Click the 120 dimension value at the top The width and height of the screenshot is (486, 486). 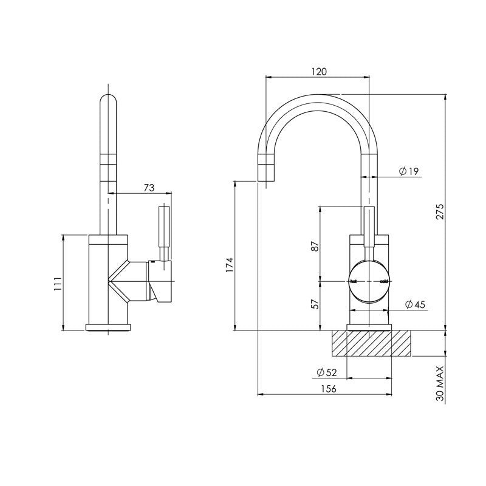click(x=319, y=71)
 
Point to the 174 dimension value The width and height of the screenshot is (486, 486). click(x=229, y=265)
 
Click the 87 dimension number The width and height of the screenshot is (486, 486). click(x=314, y=247)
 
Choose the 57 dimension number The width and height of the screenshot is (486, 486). click(x=314, y=304)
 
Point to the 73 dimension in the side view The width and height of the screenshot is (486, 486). click(x=148, y=188)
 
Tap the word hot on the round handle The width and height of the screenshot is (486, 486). click(x=354, y=282)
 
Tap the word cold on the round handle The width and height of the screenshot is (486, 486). click(x=383, y=282)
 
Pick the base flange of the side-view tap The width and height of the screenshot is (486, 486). click(x=108, y=327)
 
